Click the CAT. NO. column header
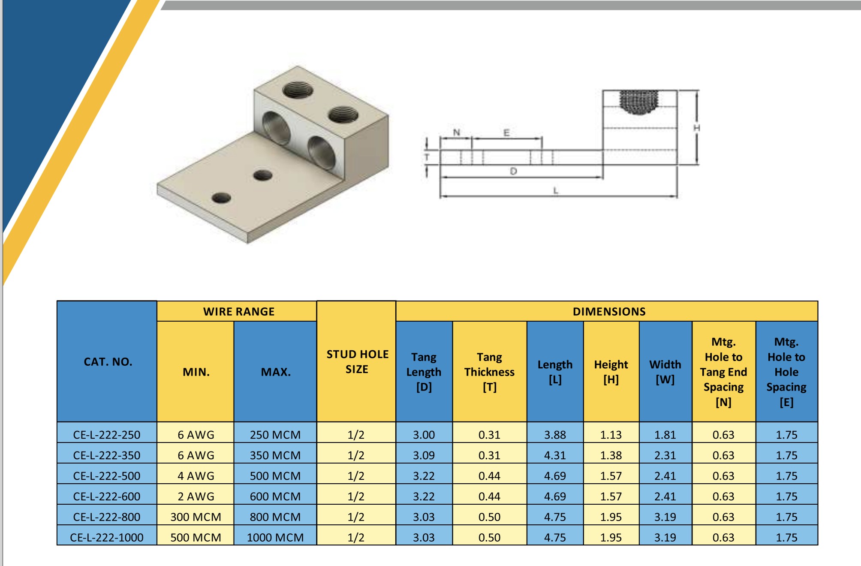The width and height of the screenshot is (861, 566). point(108,361)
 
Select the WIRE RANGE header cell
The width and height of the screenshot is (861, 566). point(238,311)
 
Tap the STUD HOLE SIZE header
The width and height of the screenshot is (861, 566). point(357,361)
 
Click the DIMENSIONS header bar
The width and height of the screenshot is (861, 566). point(608,311)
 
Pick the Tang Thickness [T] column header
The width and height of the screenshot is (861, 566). point(490,372)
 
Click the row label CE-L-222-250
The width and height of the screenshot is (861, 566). point(107,434)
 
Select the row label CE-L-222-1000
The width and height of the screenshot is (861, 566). point(107,537)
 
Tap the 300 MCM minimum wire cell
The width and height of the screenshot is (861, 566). point(196,517)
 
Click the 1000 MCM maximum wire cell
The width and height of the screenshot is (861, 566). point(275,537)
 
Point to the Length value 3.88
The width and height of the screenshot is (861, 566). point(555,434)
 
